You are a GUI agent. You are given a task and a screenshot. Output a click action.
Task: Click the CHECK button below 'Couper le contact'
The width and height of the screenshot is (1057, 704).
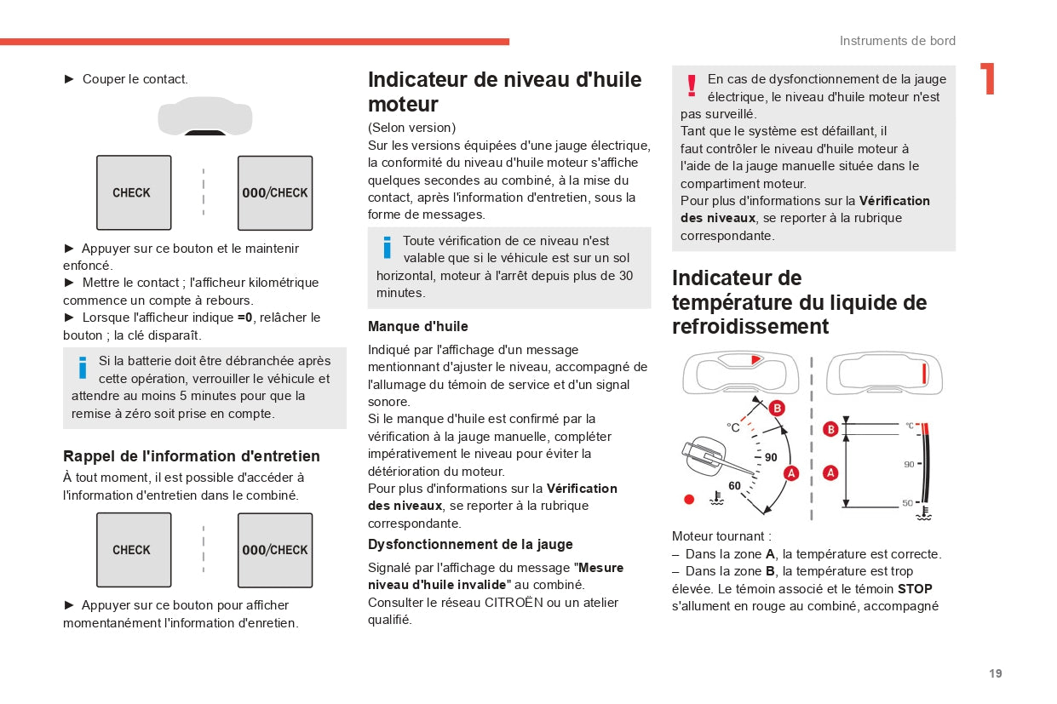134,192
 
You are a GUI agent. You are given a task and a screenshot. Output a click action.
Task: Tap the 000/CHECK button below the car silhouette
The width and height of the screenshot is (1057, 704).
275,192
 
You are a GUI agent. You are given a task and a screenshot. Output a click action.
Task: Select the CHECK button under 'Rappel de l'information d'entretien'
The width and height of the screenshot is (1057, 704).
134,550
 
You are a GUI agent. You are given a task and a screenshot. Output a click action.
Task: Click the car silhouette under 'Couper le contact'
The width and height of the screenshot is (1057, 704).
205,116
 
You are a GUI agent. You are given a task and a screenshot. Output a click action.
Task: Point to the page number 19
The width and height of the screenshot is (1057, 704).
996,673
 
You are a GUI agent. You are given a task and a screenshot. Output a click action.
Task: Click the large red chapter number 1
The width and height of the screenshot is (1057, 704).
988,79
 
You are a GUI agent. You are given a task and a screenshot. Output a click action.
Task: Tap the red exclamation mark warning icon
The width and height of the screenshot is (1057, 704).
692,85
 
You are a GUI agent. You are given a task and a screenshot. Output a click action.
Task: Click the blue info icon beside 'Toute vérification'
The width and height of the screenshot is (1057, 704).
387,247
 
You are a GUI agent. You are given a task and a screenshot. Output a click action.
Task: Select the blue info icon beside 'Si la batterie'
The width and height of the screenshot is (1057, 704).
83,367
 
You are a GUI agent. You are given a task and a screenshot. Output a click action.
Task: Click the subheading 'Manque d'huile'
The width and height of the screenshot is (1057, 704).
418,326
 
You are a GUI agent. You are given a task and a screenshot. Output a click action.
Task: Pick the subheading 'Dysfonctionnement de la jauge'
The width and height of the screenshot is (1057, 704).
470,544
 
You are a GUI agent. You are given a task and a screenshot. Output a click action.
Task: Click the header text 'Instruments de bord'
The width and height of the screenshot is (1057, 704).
898,41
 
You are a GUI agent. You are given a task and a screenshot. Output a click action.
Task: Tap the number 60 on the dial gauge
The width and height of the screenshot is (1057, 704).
734,486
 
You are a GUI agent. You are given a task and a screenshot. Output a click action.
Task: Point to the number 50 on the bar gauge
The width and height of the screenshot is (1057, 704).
908,503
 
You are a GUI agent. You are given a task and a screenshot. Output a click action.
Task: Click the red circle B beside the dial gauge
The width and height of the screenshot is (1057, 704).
777,409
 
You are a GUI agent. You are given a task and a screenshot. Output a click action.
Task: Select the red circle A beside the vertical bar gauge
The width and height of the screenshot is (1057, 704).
830,472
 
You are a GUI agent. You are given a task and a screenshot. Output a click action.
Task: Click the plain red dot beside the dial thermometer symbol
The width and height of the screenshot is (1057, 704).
689,499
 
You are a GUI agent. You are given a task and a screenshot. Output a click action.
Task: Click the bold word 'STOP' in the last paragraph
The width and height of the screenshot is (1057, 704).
915,588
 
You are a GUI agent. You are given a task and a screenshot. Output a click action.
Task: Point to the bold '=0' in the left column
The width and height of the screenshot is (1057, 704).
245,318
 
